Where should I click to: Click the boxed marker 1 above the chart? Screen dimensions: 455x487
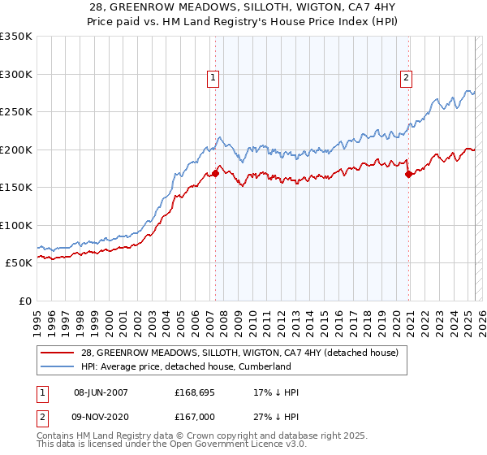tap(212, 78)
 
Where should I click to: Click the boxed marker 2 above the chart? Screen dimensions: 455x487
tap(405, 78)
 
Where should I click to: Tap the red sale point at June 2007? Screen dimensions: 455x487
tap(215, 173)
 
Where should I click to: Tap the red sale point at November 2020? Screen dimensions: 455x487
tap(408, 174)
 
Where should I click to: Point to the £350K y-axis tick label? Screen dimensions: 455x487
tap(16, 37)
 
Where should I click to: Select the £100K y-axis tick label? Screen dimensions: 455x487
tap(16, 225)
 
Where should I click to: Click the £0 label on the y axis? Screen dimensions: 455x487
tap(25, 301)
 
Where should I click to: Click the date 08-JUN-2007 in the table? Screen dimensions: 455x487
tap(101, 392)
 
